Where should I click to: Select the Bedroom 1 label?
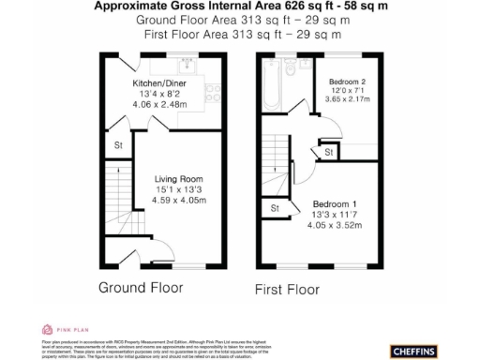(336, 204)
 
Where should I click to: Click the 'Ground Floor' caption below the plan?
(141, 287)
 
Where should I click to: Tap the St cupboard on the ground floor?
(119, 145)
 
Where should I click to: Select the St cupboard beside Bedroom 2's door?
(329, 152)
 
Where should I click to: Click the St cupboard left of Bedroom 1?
(276, 208)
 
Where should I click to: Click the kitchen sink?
(187, 66)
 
